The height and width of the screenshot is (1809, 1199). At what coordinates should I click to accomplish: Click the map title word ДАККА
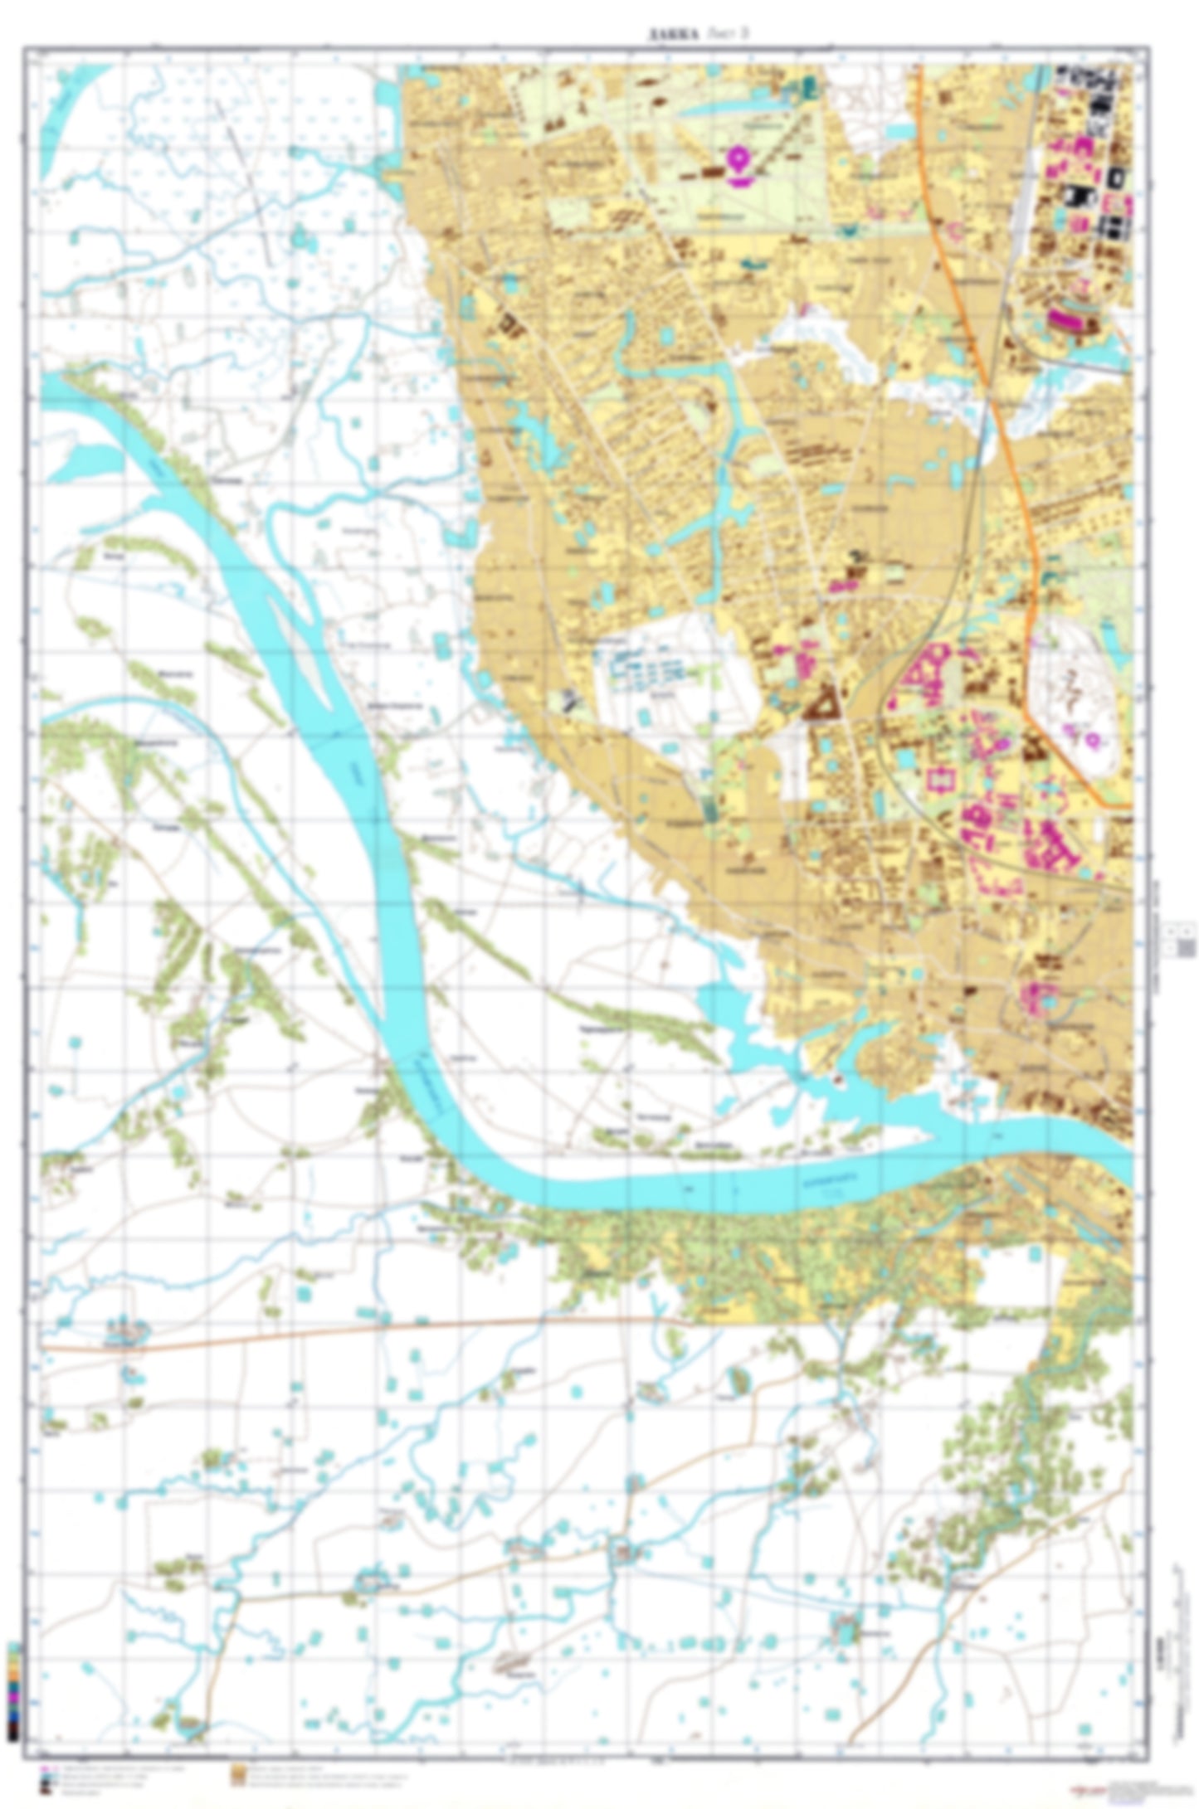coord(672,34)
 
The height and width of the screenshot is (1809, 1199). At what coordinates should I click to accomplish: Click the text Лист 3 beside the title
coord(730,34)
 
